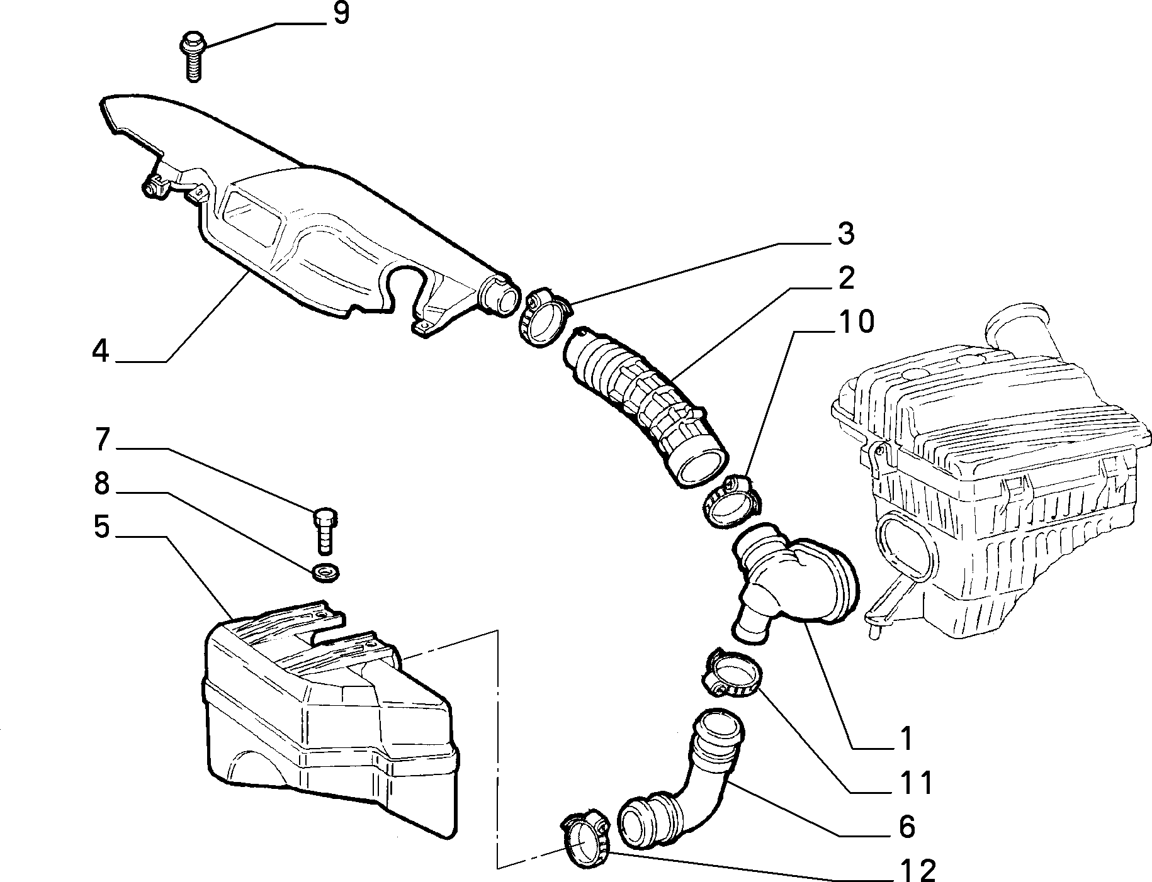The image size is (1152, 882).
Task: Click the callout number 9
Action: (x=341, y=13)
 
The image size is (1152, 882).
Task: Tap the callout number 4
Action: (x=101, y=350)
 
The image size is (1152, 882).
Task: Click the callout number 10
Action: (x=856, y=322)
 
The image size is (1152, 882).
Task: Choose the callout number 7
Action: (x=103, y=440)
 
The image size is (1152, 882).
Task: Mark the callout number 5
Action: (x=102, y=527)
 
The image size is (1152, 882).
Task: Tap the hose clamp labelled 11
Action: (x=731, y=674)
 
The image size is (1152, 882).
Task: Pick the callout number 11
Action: (x=914, y=784)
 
